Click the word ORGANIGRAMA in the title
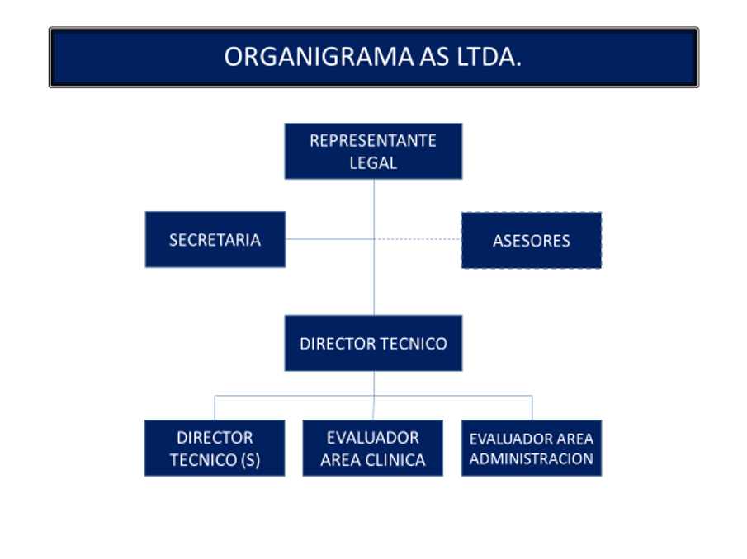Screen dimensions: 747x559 point(319,57)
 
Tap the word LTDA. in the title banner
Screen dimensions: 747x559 point(489,57)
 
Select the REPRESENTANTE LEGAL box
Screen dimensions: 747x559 point(373,151)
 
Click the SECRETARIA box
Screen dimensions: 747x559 point(215,239)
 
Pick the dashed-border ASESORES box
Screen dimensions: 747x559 point(532,240)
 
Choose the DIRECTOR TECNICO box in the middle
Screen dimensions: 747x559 point(373,343)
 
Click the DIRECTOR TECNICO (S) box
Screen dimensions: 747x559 point(215,449)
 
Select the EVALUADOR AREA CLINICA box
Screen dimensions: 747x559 point(373,449)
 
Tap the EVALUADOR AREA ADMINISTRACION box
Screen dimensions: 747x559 point(532,449)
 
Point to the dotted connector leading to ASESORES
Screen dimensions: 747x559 point(418,239)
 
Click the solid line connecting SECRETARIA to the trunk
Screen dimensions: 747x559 point(329,239)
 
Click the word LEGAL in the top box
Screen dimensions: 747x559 point(373,163)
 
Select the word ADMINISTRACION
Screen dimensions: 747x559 point(532,458)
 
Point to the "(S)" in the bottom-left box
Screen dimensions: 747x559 point(251,460)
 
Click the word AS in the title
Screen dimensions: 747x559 point(434,57)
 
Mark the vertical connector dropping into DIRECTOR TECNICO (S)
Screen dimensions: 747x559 point(215,408)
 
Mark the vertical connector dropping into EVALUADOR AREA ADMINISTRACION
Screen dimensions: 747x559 point(532,408)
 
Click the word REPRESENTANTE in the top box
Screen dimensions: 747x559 point(373,141)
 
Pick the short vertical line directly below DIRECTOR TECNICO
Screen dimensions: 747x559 point(374,383)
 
